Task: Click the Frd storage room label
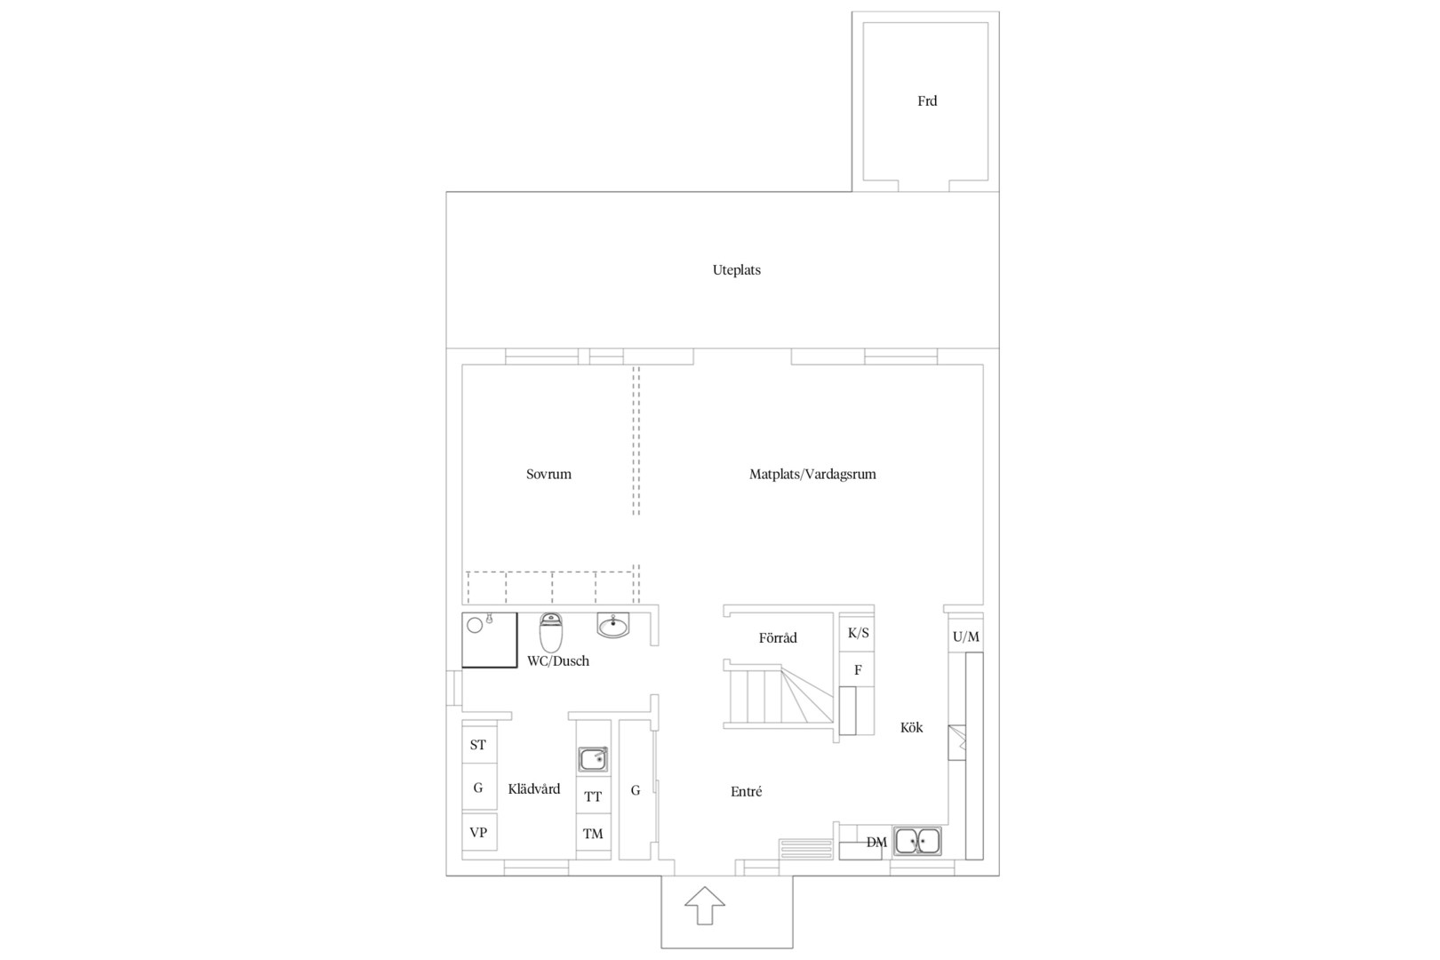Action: click(x=926, y=101)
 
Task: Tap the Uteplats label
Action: click(x=736, y=270)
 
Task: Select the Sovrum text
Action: click(x=548, y=475)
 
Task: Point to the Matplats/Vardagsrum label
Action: click(x=812, y=475)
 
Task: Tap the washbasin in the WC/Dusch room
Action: click(x=612, y=625)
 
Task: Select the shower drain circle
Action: click(x=475, y=625)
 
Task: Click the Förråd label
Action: click(x=777, y=638)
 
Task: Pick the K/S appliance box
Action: click(x=857, y=634)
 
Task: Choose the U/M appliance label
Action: click(x=965, y=636)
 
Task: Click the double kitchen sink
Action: click(x=917, y=840)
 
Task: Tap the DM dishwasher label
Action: click(x=876, y=843)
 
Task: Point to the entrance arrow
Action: click(x=705, y=906)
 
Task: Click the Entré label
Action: click(x=746, y=792)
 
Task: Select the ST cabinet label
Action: click(x=477, y=745)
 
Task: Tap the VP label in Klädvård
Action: click(x=477, y=833)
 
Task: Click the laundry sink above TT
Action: click(x=593, y=759)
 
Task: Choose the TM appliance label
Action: click(x=593, y=834)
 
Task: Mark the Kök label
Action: click(x=911, y=727)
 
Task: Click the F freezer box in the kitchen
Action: click(x=857, y=670)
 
